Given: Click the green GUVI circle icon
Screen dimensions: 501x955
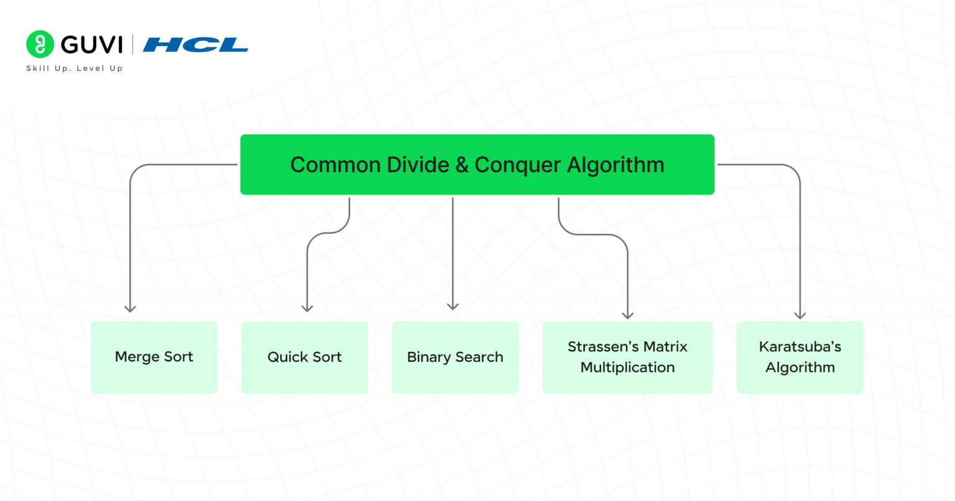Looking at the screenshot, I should [40, 44].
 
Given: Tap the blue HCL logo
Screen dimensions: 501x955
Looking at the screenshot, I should [195, 45].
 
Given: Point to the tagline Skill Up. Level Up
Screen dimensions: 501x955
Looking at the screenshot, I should [75, 68].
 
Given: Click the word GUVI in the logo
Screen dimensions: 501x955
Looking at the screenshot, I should [92, 45].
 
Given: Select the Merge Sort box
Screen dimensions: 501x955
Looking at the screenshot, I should [154, 357].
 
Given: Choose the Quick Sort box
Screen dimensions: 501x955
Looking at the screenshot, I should [305, 357].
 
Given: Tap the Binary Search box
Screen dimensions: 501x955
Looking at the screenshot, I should [455, 357].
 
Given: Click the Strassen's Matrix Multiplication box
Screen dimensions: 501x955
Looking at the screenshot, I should [627, 357].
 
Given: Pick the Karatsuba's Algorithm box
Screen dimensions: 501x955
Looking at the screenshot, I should [800, 357].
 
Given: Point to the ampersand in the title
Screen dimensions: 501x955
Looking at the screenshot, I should [461, 165].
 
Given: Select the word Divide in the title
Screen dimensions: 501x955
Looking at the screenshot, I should [418, 165].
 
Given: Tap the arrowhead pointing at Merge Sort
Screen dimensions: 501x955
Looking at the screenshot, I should [130, 308].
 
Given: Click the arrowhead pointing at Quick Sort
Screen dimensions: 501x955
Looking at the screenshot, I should [307, 308].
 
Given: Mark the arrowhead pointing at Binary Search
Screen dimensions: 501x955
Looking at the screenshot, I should [453, 306].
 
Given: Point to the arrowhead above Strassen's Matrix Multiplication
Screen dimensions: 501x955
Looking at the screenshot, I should [628, 315].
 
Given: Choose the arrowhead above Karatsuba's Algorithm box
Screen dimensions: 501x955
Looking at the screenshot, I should [800, 315].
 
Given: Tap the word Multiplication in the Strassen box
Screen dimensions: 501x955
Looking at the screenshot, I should [627, 367].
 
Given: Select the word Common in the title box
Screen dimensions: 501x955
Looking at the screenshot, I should [335, 165].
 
